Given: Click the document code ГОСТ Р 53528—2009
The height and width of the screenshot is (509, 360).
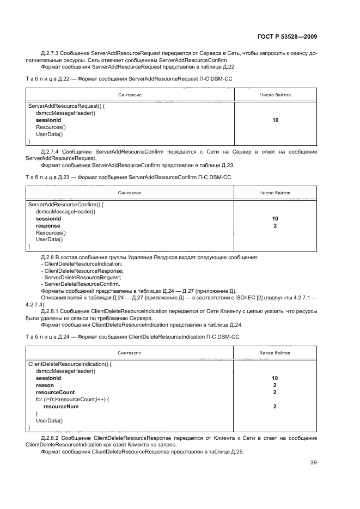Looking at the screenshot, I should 286,37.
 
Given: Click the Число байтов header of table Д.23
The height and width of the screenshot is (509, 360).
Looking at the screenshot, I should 275,193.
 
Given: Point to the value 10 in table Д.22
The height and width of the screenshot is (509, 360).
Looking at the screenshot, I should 275,120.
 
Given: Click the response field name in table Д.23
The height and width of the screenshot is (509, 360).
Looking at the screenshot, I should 48,225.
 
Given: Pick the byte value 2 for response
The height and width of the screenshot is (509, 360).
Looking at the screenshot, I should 275,225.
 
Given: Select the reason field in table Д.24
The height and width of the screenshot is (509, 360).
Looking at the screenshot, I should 45,385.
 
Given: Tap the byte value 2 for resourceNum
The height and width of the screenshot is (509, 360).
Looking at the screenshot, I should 275,406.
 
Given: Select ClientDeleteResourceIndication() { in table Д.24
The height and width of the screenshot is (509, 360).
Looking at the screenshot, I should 69,364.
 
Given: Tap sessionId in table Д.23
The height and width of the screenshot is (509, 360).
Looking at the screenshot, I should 48,218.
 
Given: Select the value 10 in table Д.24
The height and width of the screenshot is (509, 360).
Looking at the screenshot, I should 275,378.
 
